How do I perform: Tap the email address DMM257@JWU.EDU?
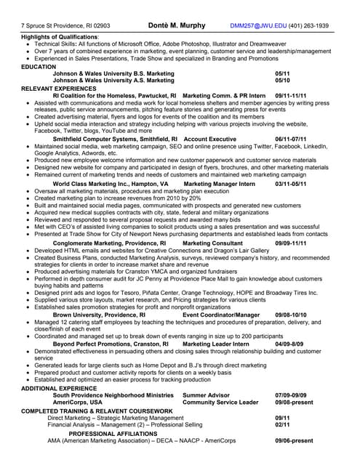(x=259, y=25)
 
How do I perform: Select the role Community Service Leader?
(x=220, y=402)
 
